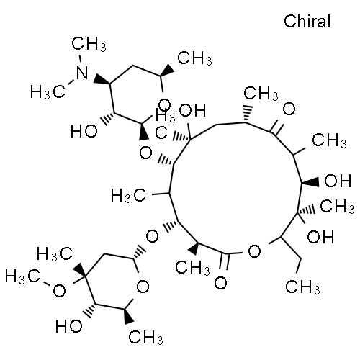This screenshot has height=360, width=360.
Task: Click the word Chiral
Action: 307,21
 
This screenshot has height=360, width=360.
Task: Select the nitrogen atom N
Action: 82,73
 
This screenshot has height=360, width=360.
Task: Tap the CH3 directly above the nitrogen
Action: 89,44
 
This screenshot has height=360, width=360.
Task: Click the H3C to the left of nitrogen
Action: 48,92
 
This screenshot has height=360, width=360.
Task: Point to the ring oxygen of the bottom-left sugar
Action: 143,286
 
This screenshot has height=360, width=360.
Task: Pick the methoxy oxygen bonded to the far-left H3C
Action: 59,291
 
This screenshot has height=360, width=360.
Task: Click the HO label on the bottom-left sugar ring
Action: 69,326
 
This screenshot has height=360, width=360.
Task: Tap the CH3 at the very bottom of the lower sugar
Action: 145,337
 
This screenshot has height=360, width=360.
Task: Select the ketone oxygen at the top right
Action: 289,109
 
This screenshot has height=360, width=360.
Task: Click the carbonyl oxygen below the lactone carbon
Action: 220,282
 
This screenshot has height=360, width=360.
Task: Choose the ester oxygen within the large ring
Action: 254,251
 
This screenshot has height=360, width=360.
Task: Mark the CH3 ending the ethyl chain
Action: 302,287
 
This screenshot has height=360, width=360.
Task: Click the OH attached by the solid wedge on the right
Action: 338,181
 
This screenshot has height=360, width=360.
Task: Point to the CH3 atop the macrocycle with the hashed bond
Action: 261,93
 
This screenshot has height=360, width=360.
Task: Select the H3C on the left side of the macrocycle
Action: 128,195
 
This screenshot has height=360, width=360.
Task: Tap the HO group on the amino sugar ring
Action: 84,131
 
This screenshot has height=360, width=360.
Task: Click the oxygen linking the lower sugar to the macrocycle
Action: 152,236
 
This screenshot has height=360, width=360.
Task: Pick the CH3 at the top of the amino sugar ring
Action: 194,58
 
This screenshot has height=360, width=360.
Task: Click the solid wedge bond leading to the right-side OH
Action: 310,182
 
